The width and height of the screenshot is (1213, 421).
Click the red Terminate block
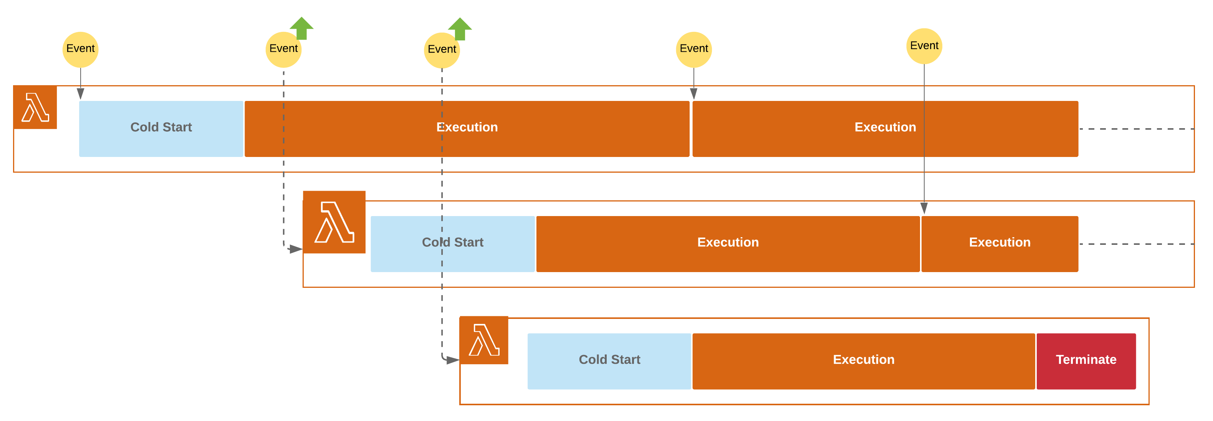1086,361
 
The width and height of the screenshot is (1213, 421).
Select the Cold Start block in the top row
161,129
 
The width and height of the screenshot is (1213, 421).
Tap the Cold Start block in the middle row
452,244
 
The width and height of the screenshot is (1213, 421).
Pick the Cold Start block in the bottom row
609,361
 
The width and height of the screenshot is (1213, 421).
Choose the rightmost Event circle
924,46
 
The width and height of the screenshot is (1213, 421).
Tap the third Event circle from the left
442,50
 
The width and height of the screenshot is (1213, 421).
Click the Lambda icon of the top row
35,107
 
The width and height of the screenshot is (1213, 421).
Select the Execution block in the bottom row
863,361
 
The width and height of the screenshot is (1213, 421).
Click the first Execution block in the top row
467,129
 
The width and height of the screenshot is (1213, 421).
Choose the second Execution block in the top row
885,129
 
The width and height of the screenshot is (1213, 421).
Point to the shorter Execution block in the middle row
999,244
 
